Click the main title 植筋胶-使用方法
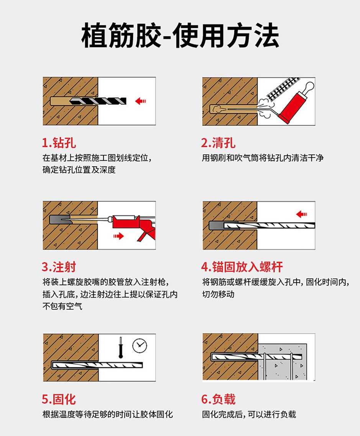(180, 36)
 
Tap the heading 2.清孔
(218, 144)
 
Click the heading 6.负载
(218, 399)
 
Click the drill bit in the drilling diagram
(98, 101)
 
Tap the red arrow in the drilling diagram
(141, 101)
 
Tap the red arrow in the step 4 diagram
(302, 214)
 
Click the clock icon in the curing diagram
(140, 345)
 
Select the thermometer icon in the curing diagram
(120, 347)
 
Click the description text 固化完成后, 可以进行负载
(249, 415)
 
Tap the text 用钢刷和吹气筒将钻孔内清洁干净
(263, 158)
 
